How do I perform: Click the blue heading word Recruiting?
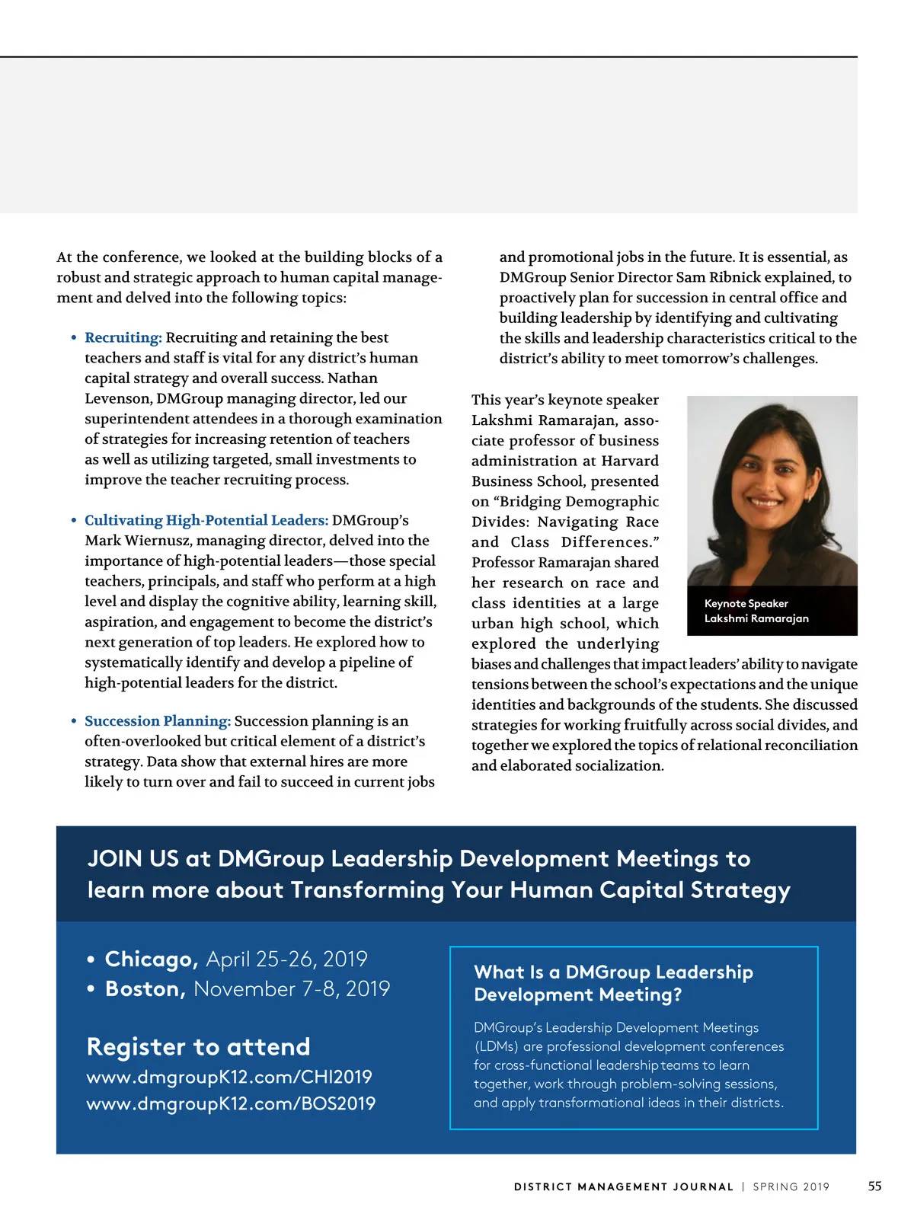pyautogui.click(x=123, y=337)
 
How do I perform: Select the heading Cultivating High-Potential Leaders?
pyautogui.click(x=206, y=520)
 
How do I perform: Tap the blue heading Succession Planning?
pyautogui.click(x=158, y=721)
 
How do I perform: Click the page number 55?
pyautogui.click(x=874, y=1186)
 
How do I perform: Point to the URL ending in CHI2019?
pyautogui.click(x=229, y=1077)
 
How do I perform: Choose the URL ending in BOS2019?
pyautogui.click(x=231, y=1103)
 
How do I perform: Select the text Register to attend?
pyautogui.click(x=199, y=1046)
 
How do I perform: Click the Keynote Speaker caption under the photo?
pyautogui.click(x=746, y=603)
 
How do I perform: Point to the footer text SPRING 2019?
pyautogui.click(x=791, y=1186)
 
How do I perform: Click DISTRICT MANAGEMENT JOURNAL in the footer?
pyautogui.click(x=623, y=1186)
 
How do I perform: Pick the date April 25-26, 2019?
pyautogui.click(x=286, y=959)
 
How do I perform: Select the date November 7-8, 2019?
pyautogui.click(x=292, y=988)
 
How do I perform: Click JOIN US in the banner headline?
pyautogui.click(x=133, y=858)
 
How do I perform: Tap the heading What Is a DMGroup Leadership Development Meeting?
pyautogui.click(x=613, y=983)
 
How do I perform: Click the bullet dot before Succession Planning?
pyautogui.click(x=74, y=721)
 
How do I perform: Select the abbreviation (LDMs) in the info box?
pyautogui.click(x=496, y=1046)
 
